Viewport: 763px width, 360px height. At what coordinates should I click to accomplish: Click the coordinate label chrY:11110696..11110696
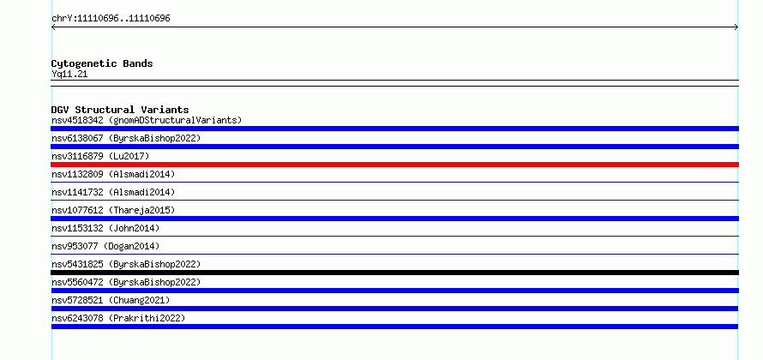[x=111, y=19]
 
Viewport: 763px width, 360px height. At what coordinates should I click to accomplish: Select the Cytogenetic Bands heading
[x=102, y=63]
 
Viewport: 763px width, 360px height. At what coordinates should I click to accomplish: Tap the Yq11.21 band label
[x=69, y=75]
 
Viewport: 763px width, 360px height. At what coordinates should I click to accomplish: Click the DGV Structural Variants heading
[x=120, y=110]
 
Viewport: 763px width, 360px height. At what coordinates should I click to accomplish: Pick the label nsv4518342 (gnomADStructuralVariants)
[x=147, y=120]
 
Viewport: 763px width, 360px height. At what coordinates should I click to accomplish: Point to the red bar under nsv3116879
[x=394, y=165]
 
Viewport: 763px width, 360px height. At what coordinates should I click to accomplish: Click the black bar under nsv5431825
[x=394, y=273]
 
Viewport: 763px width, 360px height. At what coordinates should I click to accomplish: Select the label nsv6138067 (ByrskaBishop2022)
[x=126, y=138]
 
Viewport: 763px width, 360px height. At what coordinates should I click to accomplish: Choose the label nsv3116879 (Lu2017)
[x=100, y=156]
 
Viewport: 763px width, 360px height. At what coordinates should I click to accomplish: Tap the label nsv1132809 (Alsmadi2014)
[x=113, y=174]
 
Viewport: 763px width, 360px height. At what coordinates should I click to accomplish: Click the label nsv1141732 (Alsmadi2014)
[x=113, y=192]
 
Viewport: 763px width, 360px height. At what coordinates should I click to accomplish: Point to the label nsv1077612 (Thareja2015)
[x=113, y=210]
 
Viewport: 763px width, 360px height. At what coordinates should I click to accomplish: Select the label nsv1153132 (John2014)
[x=105, y=228]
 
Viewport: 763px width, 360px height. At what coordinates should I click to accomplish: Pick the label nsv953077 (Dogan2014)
[x=105, y=246]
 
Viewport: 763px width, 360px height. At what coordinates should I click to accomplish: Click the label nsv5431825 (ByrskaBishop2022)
[x=126, y=264]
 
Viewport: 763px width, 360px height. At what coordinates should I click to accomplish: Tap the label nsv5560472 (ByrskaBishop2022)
[x=126, y=282]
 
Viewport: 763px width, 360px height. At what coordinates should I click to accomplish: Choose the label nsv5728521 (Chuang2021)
[x=111, y=300]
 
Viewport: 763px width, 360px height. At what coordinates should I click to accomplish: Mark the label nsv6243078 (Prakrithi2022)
[x=118, y=318]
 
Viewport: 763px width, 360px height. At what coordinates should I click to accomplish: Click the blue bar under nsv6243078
[x=394, y=327]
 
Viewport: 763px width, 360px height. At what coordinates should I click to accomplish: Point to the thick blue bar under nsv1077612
[x=394, y=219]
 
